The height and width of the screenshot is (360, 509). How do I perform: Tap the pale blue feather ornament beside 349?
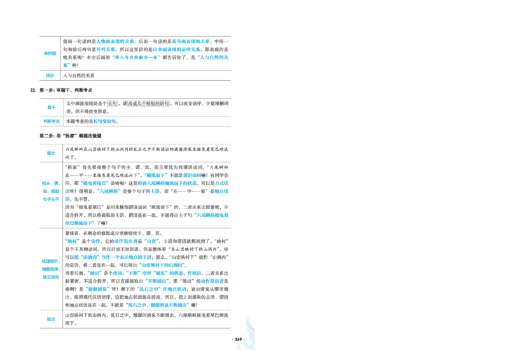tap(251, 328)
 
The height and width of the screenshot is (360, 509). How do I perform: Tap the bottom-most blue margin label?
tap(50, 319)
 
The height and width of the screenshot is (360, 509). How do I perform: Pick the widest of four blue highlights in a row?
tap(126, 241)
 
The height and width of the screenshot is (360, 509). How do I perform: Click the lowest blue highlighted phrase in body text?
tap(158, 305)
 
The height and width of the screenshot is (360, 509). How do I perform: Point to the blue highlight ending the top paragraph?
tap(213, 57)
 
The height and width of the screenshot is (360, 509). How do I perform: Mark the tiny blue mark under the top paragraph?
tap(66, 64)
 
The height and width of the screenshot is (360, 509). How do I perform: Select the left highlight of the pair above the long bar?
tap(155, 174)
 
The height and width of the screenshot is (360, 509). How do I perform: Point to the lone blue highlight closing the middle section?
tap(79, 223)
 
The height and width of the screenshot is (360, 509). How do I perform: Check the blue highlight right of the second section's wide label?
tap(106, 120)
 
